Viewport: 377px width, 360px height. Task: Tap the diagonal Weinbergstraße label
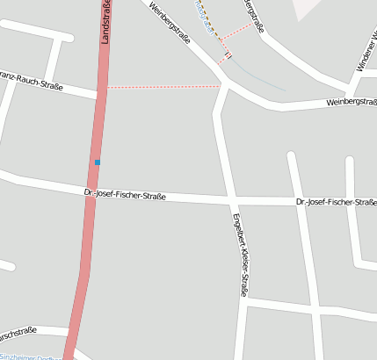170,22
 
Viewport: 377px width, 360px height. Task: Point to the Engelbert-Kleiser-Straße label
239,254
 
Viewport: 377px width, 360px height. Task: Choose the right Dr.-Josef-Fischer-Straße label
336,202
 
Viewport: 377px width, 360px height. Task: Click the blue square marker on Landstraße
98,162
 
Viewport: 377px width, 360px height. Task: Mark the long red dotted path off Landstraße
163,86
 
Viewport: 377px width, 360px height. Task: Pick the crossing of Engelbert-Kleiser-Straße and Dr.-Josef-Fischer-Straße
230,199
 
